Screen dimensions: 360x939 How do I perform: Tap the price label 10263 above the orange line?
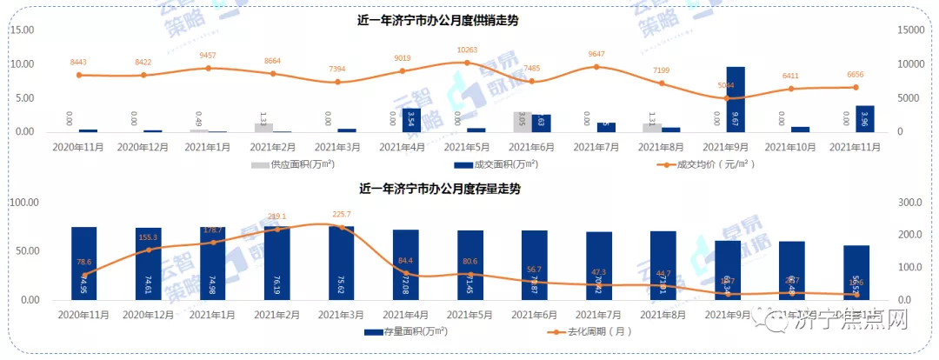[x=466, y=50]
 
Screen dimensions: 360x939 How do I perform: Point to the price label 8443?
[x=79, y=62]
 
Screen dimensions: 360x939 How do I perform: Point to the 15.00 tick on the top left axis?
[x=22, y=30]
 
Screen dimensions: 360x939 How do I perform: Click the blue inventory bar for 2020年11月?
[x=84, y=263]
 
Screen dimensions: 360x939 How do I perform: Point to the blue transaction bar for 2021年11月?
[x=864, y=118]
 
